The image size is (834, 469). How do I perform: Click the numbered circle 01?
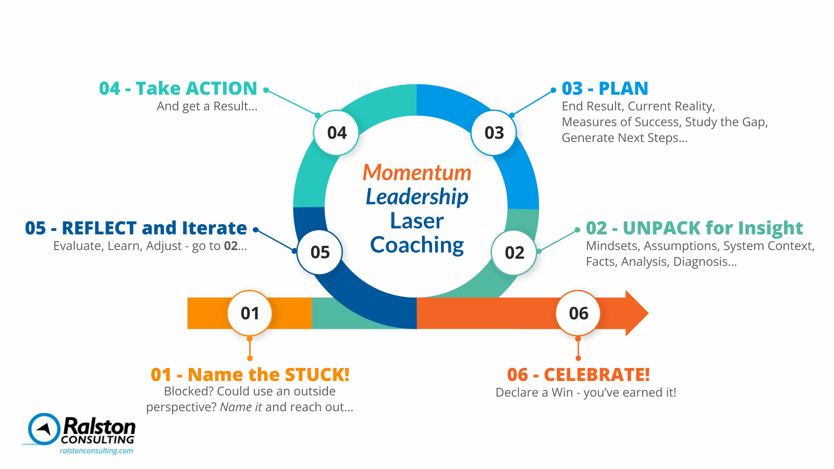[250, 313]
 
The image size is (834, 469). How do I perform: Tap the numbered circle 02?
[514, 253]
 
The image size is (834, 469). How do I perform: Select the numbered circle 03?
[494, 133]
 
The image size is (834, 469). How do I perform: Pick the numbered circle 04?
[337, 133]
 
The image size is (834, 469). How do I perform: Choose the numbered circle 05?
[320, 253]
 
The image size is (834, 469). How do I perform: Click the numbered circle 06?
[579, 313]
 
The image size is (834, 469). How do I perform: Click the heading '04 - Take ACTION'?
[178, 89]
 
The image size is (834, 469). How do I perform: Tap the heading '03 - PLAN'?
[605, 89]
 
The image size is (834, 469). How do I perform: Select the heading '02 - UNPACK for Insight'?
[694, 228]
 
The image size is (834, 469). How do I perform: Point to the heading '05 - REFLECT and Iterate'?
[136, 228]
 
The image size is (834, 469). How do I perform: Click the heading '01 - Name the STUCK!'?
[250, 375]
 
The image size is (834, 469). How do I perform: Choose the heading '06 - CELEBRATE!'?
[578, 375]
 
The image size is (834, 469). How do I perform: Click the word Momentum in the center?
[417, 172]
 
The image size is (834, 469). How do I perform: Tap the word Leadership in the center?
[417, 197]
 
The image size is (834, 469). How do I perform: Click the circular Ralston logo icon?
[44, 429]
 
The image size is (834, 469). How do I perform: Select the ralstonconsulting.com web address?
[96, 451]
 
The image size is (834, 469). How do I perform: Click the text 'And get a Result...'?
[207, 106]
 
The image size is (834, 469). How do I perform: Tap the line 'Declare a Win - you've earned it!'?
[586, 392]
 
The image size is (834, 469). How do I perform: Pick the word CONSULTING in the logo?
[97, 440]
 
